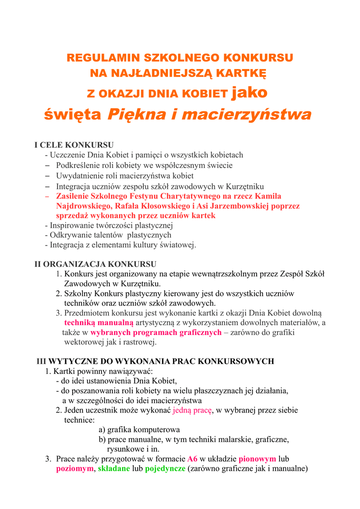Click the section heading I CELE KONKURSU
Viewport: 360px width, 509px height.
[x=74, y=145]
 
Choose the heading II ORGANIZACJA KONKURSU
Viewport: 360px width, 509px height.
[x=95, y=264]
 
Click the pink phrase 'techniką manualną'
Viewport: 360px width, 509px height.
[x=95, y=323]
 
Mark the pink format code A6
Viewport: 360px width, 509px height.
[x=192, y=459]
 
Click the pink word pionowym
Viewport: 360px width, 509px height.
[x=258, y=459]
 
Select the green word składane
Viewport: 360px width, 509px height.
[x=114, y=468]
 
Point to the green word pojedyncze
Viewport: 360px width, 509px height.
[x=165, y=468]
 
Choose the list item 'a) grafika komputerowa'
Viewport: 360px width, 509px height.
[x=139, y=429]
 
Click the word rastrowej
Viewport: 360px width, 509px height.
[x=135, y=342]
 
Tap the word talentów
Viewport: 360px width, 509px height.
[x=105, y=235]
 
